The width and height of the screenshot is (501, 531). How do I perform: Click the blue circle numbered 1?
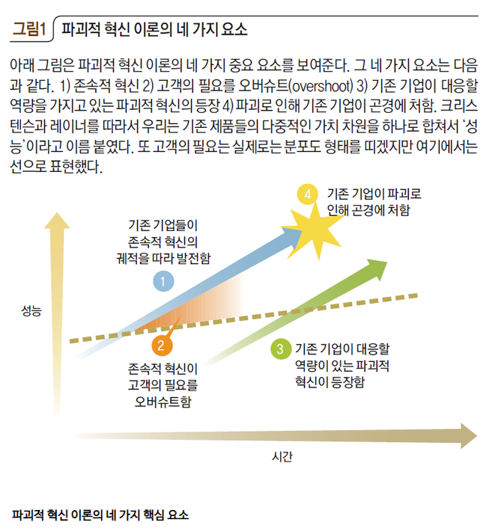164,281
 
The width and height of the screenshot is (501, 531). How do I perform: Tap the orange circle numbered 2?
160,345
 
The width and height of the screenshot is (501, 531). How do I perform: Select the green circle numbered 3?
279,349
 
